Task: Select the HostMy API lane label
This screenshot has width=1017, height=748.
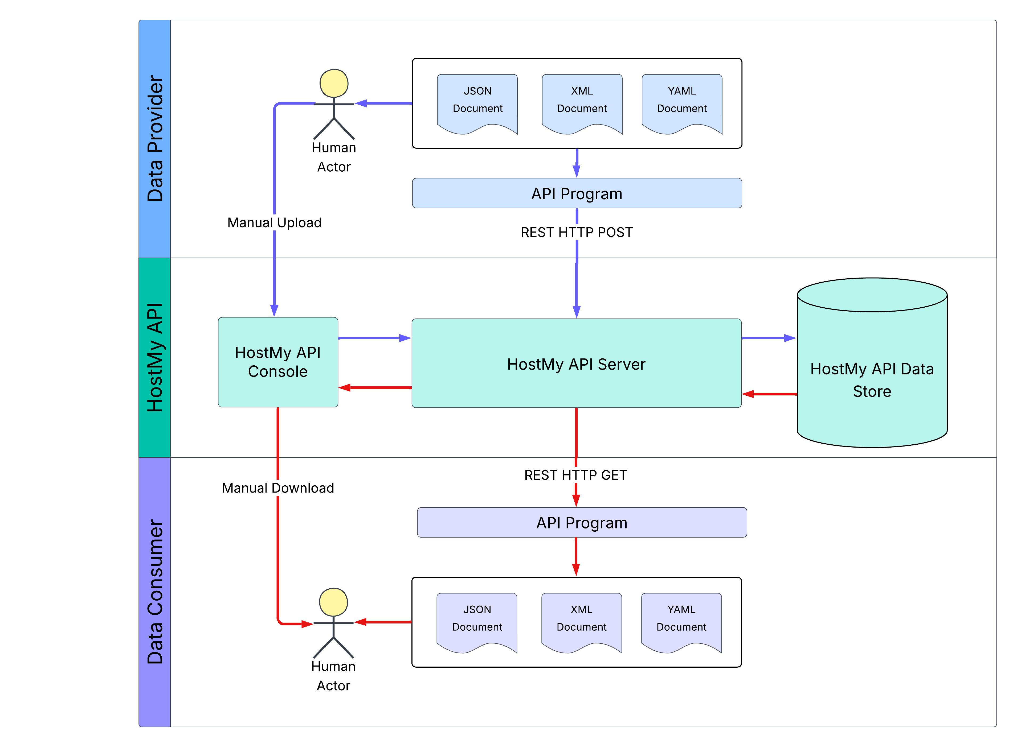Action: click(x=154, y=357)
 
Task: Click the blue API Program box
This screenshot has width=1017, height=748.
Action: click(x=577, y=193)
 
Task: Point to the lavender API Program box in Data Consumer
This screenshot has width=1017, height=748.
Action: click(x=582, y=523)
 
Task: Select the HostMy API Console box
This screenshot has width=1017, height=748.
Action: click(x=278, y=362)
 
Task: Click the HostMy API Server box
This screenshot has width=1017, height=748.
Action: click(x=576, y=363)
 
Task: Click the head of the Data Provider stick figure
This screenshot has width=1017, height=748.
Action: click(x=334, y=83)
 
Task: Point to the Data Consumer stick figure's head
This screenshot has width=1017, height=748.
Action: click(x=333, y=602)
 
